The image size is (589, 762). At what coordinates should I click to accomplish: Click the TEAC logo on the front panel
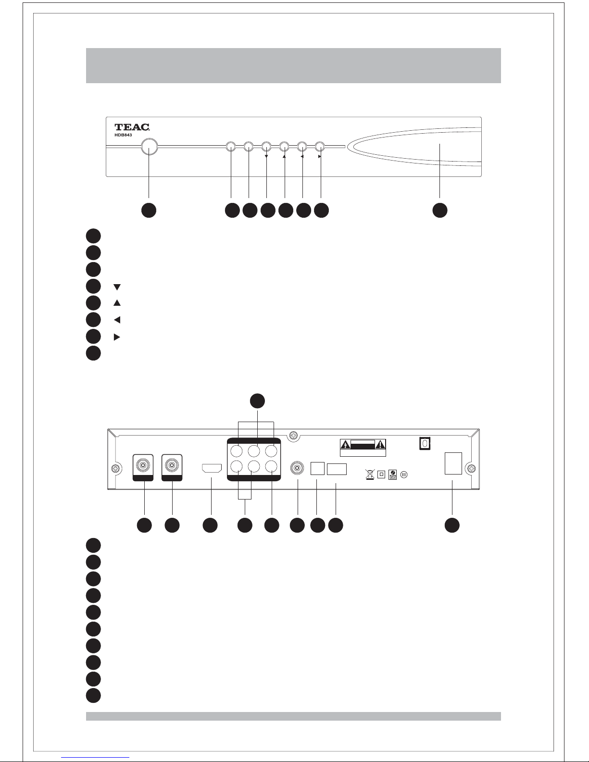(x=132, y=127)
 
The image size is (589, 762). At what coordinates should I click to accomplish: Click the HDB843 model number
(x=123, y=136)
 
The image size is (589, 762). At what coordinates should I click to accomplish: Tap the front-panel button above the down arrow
(x=266, y=146)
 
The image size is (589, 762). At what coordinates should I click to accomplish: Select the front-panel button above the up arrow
(x=284, y=146)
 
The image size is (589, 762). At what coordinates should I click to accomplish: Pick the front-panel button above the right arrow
(x=320, y=146)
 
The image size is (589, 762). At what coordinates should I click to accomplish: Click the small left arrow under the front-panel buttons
(x=302, y=156)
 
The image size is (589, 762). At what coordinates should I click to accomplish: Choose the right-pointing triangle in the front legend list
(x=116, y=337)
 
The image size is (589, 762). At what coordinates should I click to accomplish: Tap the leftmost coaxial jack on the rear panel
(x=142, y=465)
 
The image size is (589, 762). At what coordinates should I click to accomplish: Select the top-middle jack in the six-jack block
(x=254, y=451)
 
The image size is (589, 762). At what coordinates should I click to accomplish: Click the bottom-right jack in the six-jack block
(x=272, y=466)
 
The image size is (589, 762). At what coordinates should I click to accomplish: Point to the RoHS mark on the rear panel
(x=392, y=475)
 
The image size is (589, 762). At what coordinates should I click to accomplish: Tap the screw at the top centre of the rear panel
(x=291, y=436)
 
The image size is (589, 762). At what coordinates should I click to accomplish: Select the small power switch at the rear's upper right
(x=424, y=443)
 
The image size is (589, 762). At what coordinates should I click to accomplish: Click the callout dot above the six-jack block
(x=257, y=401)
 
